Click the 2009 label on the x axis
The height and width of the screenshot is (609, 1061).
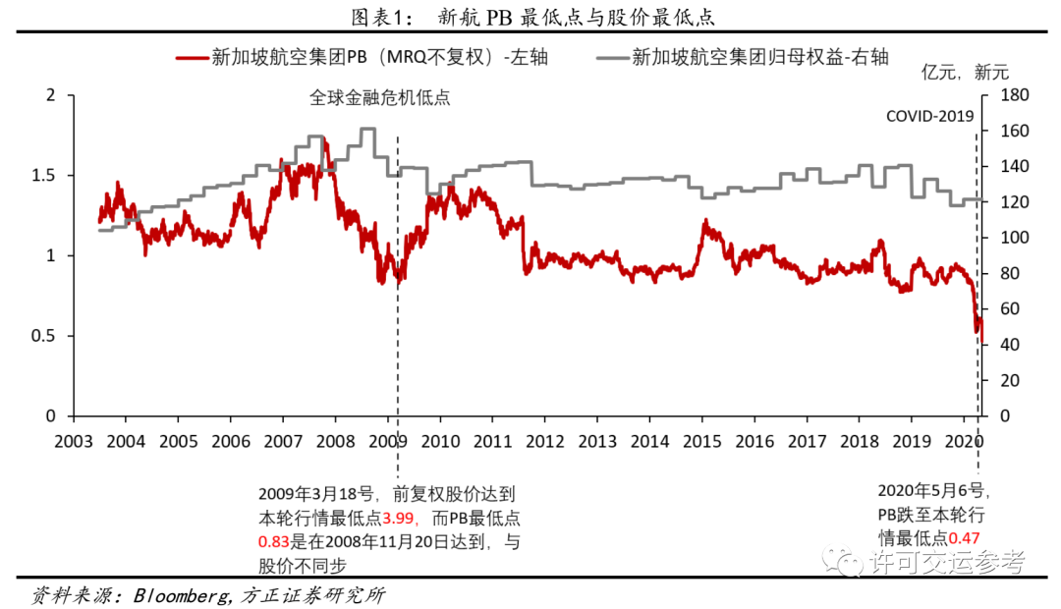click(x=387, y=441)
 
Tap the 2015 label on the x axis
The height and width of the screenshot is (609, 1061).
click(x=701, y=441)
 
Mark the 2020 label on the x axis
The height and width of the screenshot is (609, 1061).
click(x=964, y=441)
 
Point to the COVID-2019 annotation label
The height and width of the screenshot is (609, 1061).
click(x=929, y=116)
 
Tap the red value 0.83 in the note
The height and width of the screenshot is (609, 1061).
click(x=274, y=541)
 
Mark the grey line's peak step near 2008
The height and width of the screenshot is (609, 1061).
click(x=367, y=130)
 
